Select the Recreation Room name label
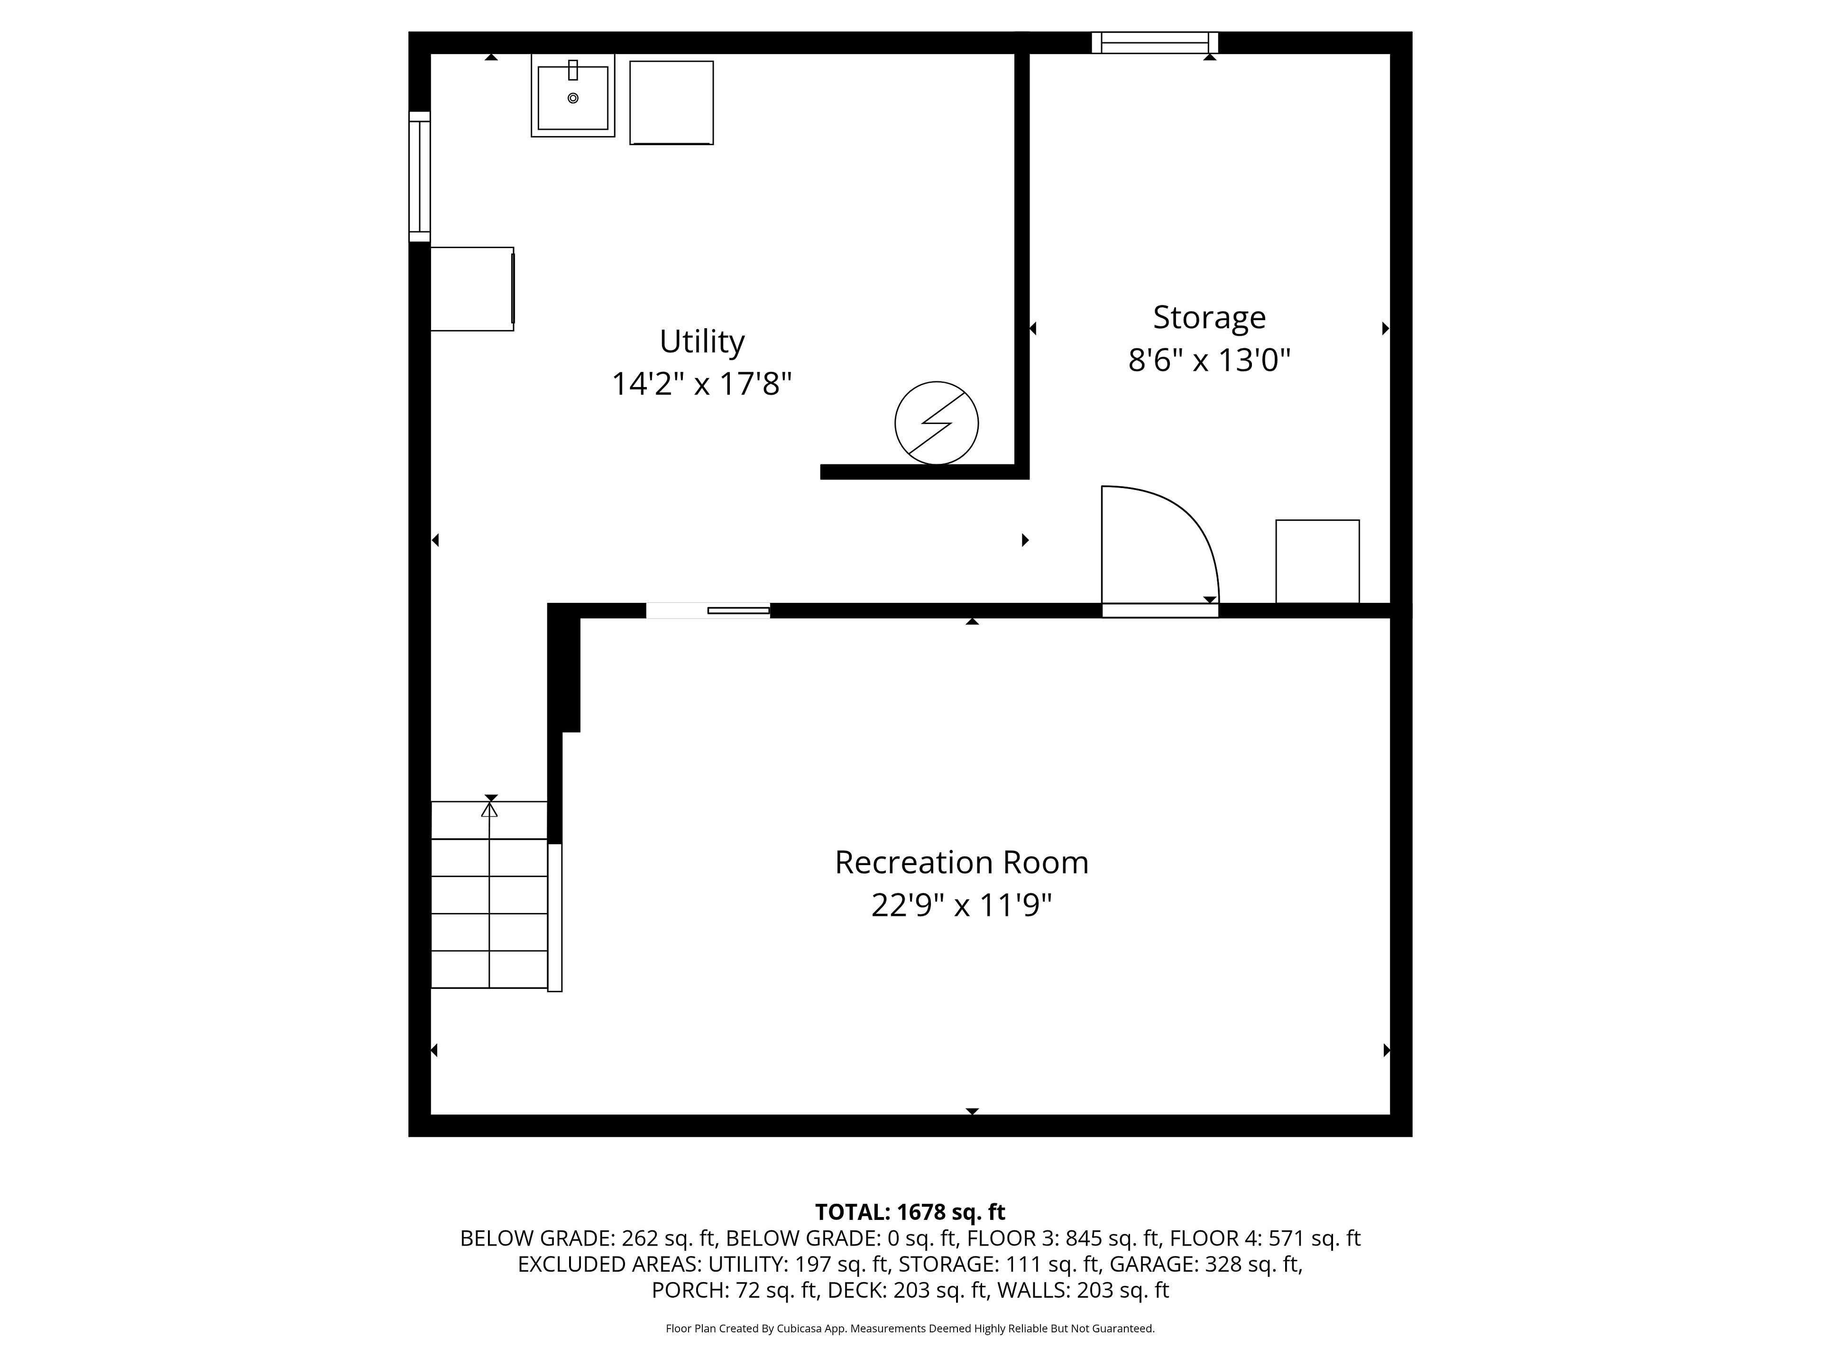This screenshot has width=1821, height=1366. click(x=962, y=862)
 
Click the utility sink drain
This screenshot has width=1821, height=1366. click(x=573, y=98)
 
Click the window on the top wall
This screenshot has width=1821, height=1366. click(x=1155, y=43)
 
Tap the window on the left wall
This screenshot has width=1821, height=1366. click(x=420, y=176)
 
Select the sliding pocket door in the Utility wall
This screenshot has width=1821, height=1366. click(x=708, y=610)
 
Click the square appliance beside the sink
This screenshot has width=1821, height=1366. click(x=672, y=103)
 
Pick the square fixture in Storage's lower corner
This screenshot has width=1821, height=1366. click(x=1317, y=562)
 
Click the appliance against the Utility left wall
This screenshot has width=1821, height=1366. click(x=472, y=289)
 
